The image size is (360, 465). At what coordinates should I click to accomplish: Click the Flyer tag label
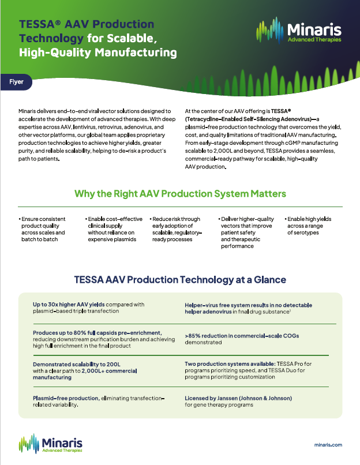click(16, 82)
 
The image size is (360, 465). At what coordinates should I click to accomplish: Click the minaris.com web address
click(329, 445)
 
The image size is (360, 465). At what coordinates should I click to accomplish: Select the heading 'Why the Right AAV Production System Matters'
click(179, 193)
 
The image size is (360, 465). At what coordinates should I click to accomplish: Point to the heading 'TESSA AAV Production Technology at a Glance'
click(180, 280)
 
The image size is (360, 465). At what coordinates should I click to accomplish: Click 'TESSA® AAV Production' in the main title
click(87, 25)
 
